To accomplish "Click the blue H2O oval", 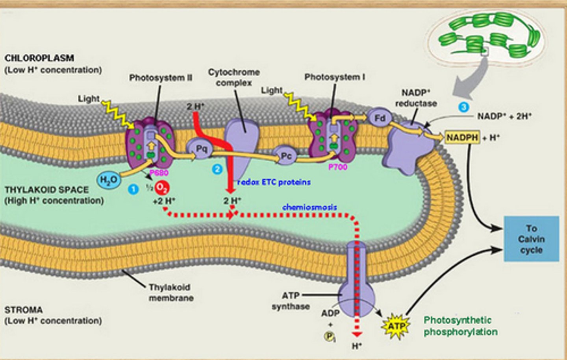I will coord(108,181).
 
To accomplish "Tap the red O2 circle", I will coord(161,188).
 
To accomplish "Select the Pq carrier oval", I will coord(201,149).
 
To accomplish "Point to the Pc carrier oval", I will coord(286,156).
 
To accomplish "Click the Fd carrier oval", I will coord(380,118).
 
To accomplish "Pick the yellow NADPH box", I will coord(462,138).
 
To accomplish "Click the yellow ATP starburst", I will coord(396,326).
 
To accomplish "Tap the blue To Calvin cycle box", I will coord(531,239).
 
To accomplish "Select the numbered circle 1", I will coord(133,189).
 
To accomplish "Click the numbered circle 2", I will coord(217,169).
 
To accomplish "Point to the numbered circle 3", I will coord(464,107).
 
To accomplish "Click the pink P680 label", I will coord(159,173).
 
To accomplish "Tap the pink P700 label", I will coord(337,167).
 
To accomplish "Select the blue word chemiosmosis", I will coord(309,207).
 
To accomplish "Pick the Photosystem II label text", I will coord(161,78).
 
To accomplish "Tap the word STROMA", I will coord(24,310).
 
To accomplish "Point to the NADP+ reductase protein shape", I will coord(409,148).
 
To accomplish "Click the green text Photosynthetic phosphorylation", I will coord(460,326).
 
